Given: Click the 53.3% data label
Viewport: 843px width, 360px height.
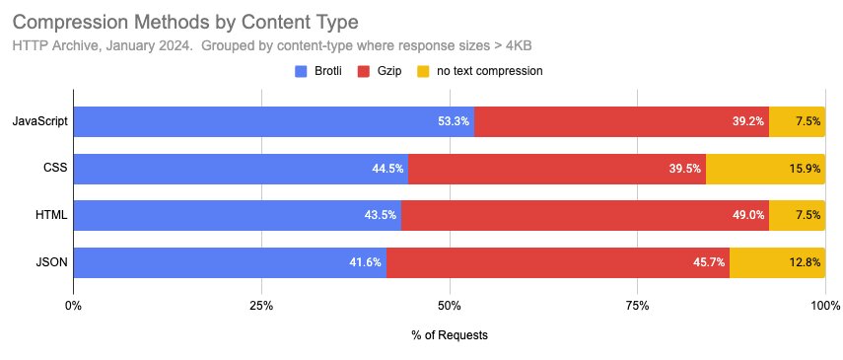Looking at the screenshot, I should tap(454, 121).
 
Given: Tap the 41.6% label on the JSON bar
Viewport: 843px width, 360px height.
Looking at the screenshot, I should tap(365, 262).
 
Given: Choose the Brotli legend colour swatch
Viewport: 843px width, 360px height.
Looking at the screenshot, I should tap(303, 71).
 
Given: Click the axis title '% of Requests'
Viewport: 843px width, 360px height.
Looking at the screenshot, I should tap(450, 335).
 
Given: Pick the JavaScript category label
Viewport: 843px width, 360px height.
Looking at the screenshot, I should tap(39, 121).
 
